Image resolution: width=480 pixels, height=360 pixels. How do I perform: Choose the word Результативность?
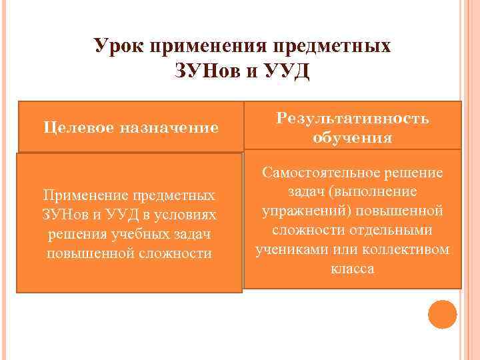pyautogui.click(x=353, y=118)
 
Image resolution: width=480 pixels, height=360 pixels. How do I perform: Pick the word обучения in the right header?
pyautogui.click(x=352, y=138)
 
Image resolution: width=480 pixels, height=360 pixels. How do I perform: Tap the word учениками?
pyautogui.click(x=289, y=250)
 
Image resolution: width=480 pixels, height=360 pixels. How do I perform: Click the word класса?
pyautogui.click(x=352, y=269)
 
